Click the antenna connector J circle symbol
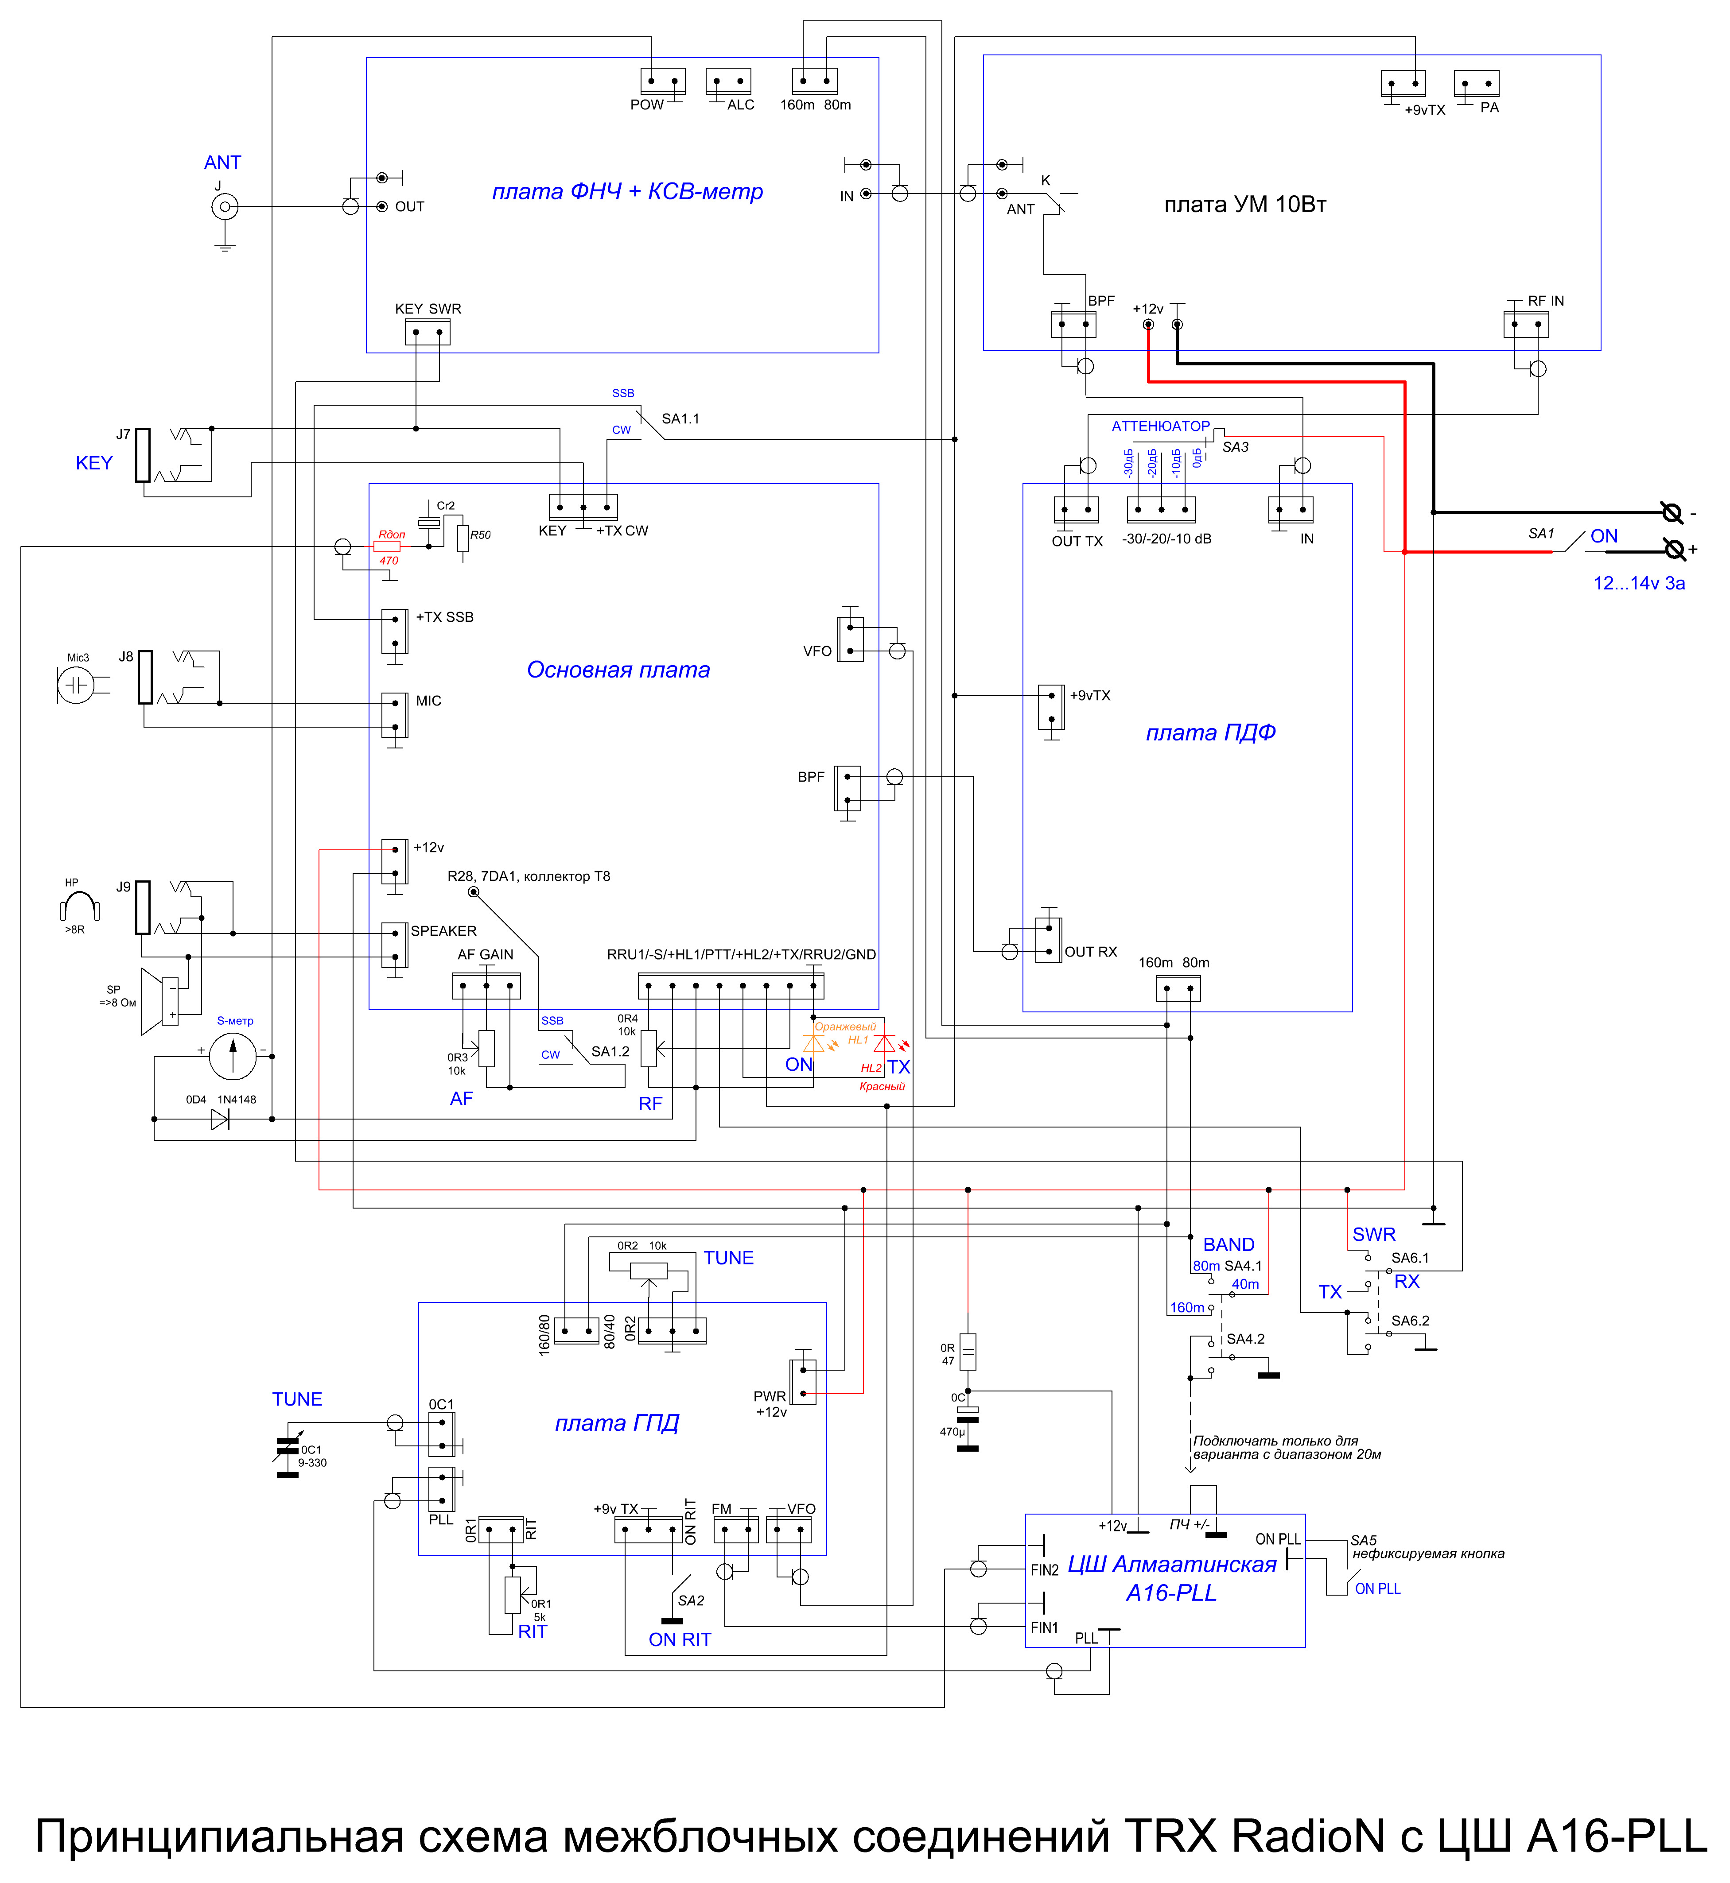[225, 207]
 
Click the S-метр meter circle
[232, 1057]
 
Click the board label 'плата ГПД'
[617, 1423]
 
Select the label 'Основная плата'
[618, 670]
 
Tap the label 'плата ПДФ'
[1210, 733]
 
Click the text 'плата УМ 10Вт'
[1245, 204]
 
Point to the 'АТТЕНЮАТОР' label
[1161, 426]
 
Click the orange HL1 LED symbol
[814, 1042]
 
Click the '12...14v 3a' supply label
[1639, 583]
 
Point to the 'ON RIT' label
[680, 1640]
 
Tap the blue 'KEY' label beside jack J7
[93, 463]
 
